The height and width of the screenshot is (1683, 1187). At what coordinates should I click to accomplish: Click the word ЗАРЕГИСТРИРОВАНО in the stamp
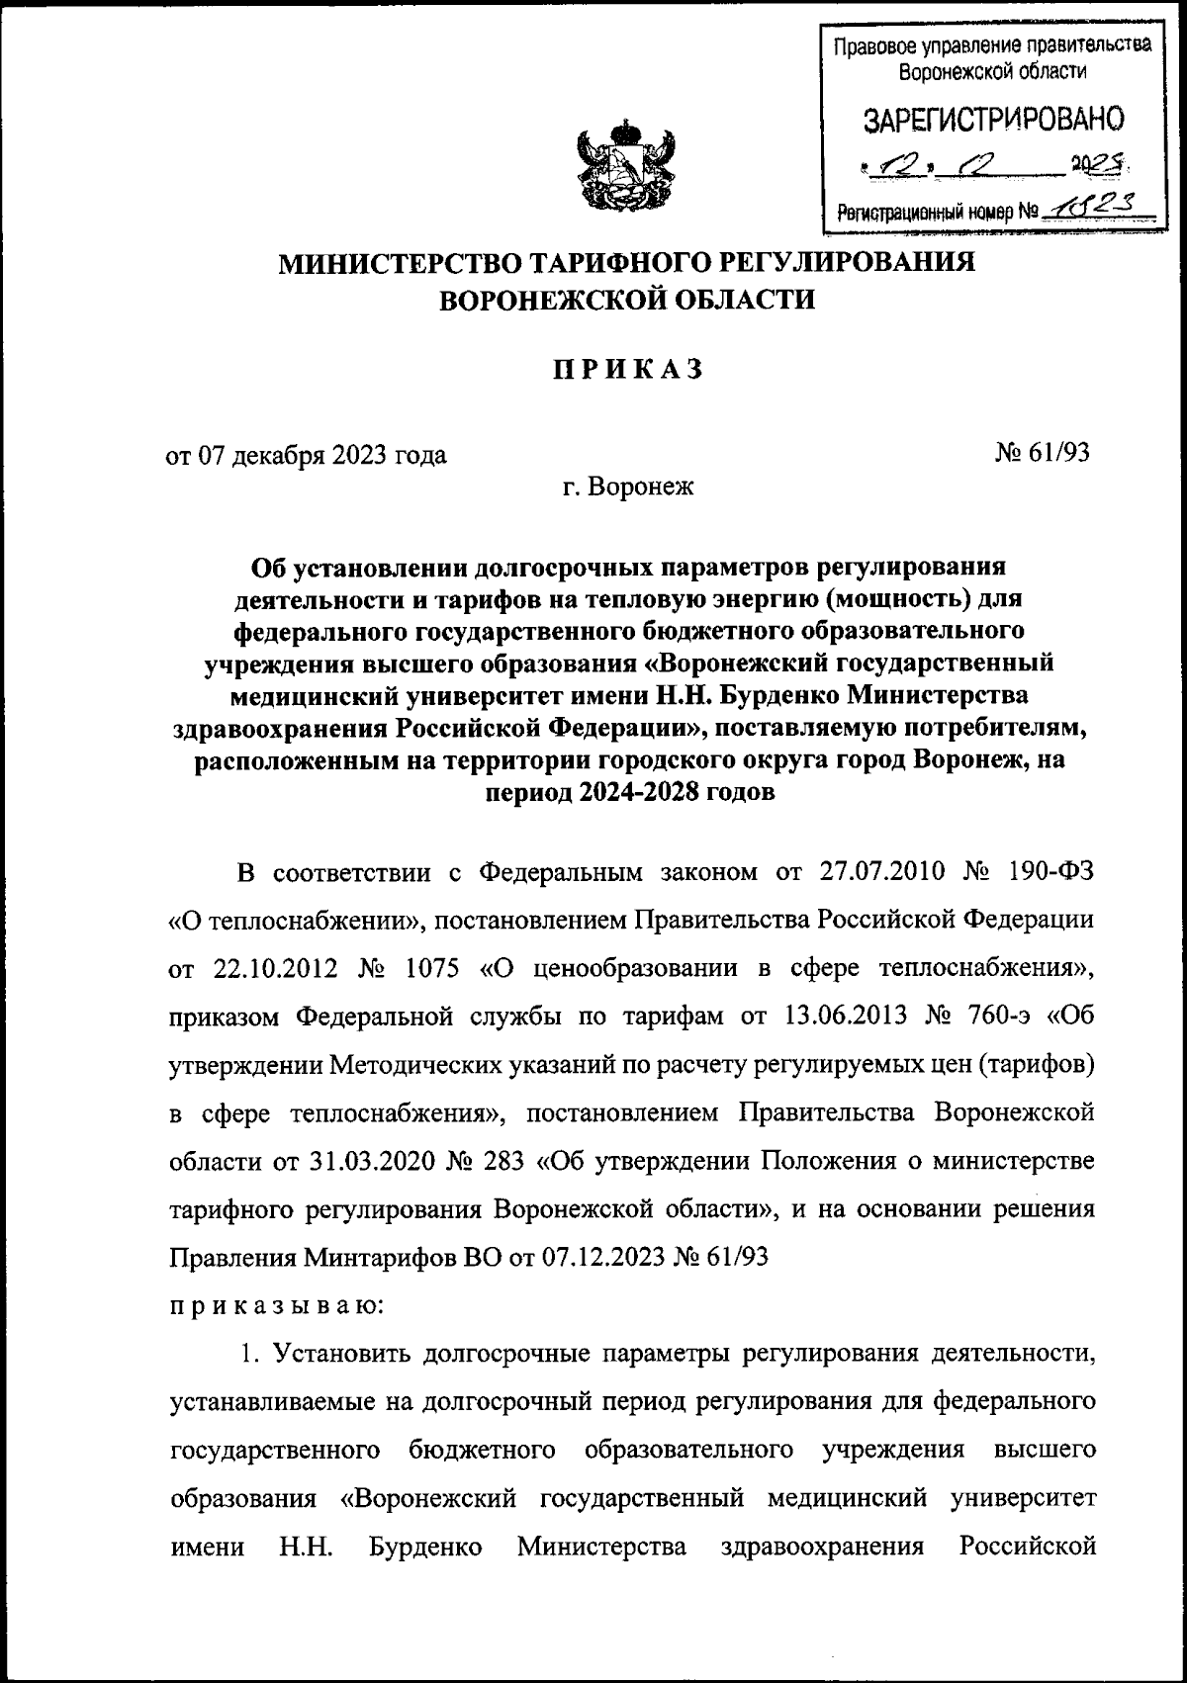coord(993,120)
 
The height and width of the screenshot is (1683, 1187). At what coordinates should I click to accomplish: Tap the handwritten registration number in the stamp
coord(1100,203)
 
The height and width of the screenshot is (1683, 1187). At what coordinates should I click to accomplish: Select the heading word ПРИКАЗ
coord(627,369)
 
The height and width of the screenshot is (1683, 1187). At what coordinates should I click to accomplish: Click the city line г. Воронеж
coord(628,487)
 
